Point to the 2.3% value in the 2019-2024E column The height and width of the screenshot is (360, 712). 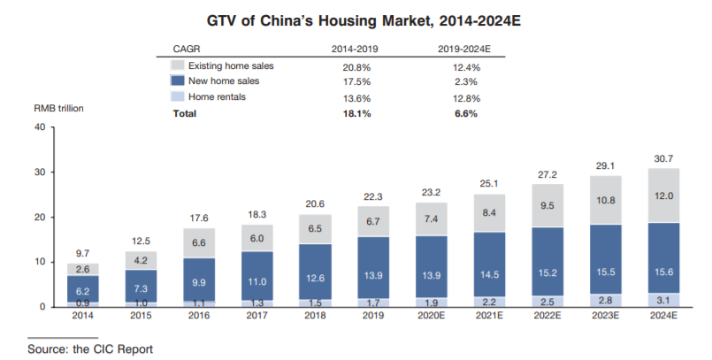point(465,82)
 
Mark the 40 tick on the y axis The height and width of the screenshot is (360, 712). point(38,127)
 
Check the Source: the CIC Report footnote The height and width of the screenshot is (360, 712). point(83,349)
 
